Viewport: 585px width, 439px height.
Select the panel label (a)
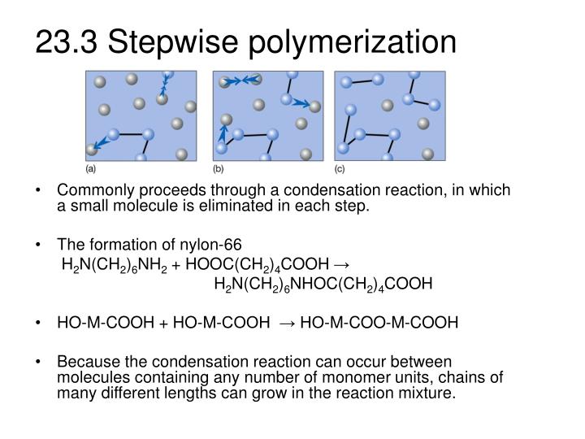click(92, 169)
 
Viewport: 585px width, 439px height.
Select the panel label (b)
click(219, 169)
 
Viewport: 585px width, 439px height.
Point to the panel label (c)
click(340, 169)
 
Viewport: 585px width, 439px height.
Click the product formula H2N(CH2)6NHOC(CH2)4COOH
click(323, 284)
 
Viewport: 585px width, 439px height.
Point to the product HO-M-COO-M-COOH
click(379, 323)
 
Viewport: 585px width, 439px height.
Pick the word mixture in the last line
click(431, 393)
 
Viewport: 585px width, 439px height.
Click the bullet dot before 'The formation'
click(40, 246)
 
